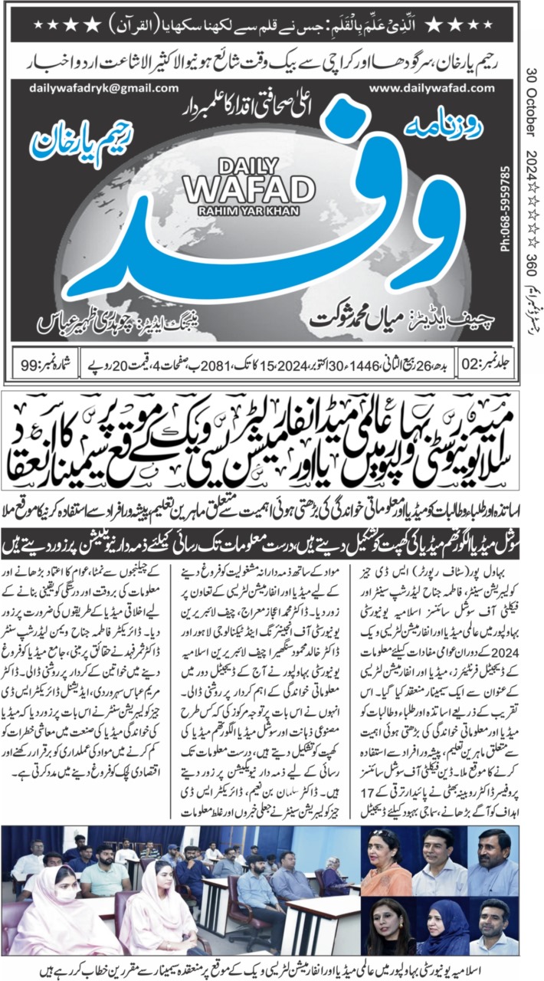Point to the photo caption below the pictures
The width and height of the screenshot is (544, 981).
coord(272,969)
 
